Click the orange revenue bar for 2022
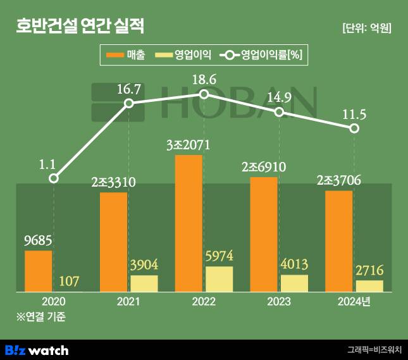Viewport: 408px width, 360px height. point(189,223)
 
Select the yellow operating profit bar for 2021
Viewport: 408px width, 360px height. point(144,283)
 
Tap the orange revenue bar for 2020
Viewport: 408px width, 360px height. point(38,271)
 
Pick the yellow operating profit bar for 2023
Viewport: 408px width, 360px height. point(294,283)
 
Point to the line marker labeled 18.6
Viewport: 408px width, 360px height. point(204,94)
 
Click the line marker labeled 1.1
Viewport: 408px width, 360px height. point(54,178)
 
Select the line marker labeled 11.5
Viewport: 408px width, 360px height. point(354,128)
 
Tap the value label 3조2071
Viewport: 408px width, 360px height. point(189,145)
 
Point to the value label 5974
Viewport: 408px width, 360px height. point(219,257)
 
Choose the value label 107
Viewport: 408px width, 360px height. point(69,281)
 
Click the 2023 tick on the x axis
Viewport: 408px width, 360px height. point(279,301)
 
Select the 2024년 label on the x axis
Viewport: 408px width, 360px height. point(354,301)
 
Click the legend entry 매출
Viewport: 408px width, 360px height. point(127,55)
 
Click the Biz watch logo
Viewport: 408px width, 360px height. point(37,350)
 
